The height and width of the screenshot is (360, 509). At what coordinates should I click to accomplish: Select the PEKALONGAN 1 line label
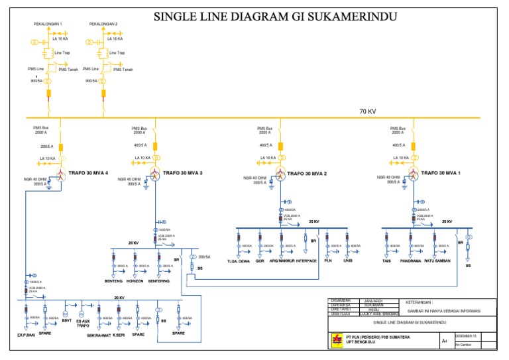48,24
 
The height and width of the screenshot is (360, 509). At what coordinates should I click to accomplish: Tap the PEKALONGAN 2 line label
103,24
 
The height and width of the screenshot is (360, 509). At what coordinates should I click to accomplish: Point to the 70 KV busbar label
368,111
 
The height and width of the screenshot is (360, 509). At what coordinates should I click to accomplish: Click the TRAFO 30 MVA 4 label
91,173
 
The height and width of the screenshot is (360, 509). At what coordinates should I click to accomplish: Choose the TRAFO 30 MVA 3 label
182,173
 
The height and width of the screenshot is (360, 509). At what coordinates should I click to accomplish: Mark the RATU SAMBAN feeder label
438,261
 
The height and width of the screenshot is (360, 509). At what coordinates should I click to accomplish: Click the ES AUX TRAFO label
83,322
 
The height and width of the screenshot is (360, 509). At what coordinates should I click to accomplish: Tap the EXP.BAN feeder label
26,334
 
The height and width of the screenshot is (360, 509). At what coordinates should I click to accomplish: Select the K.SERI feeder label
119,334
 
